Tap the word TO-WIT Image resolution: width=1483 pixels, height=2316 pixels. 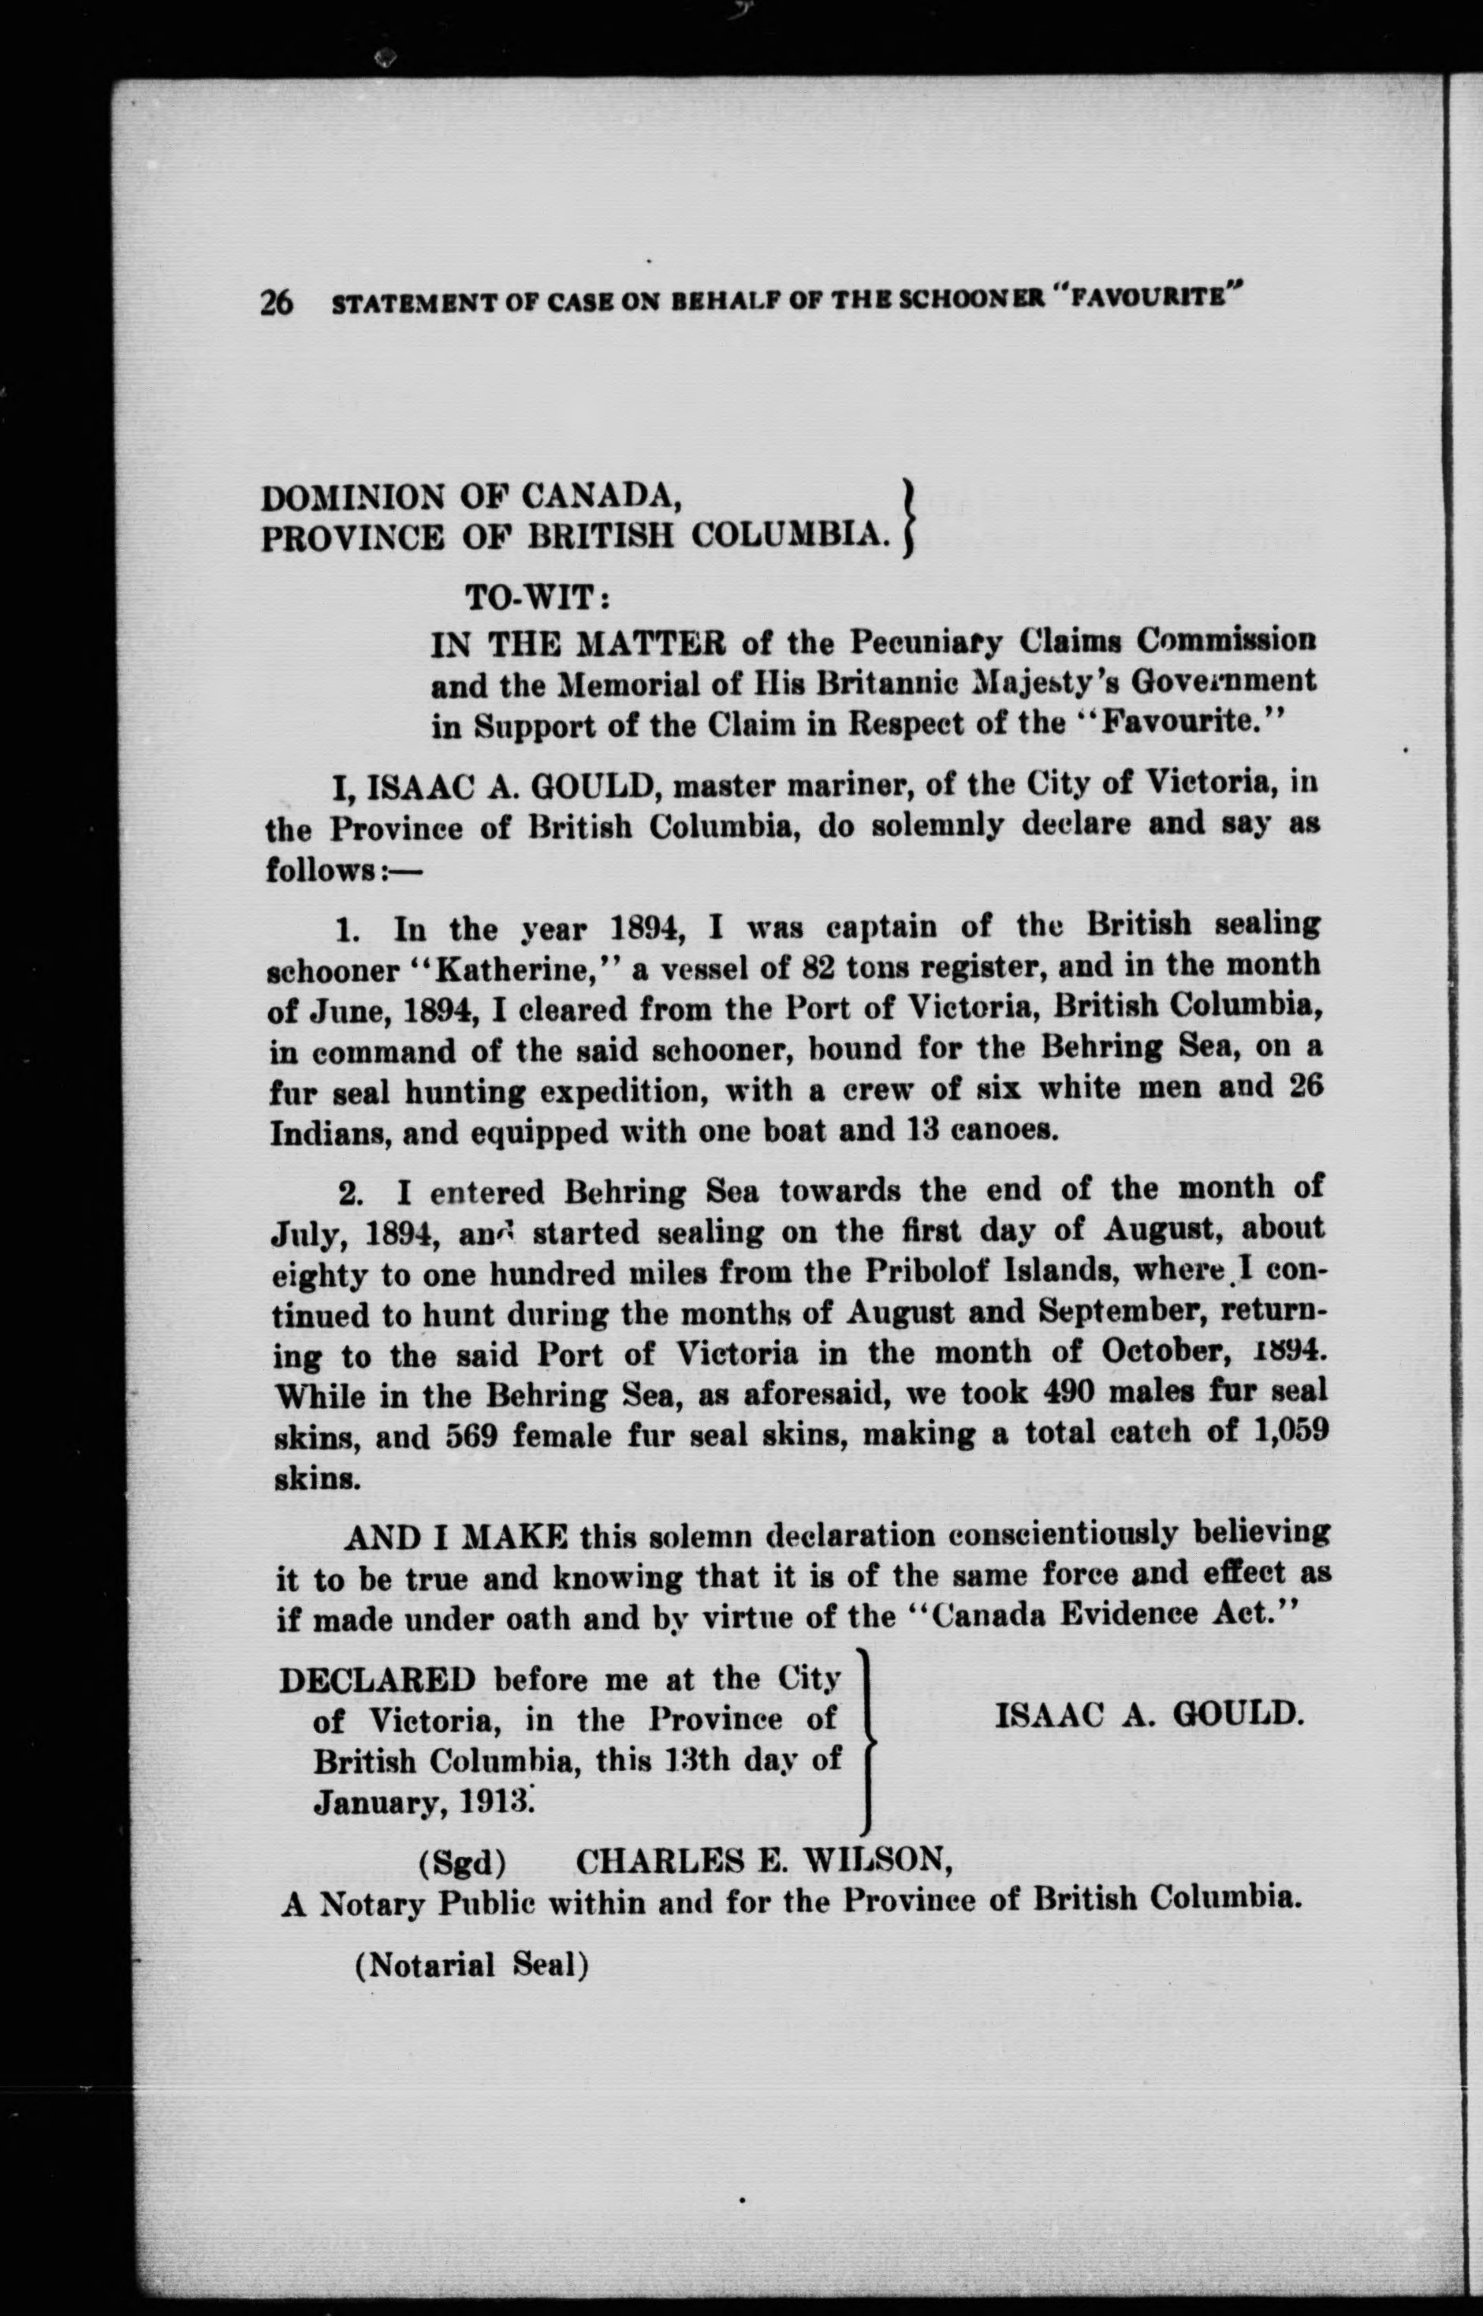(x=535, y=598)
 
